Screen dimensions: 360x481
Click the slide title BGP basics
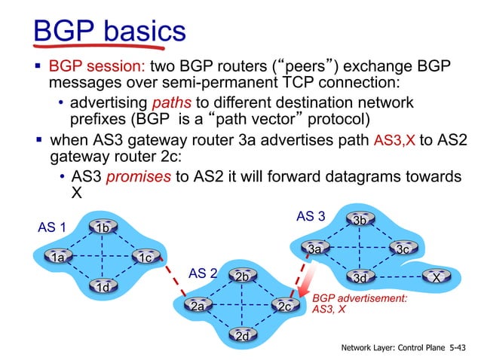[x=110, y=32]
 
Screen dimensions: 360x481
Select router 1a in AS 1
[x=57, y=257]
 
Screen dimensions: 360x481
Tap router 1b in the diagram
[x=102, y=227]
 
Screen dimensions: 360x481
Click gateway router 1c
[x=146, y=257]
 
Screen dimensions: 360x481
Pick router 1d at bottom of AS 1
[x=102, y=286]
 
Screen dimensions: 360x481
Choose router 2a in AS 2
[x=198, y=306]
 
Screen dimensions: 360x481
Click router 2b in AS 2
[x=242, y=276]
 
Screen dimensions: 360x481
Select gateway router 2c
[x=285, y=306]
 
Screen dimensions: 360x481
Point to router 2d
[x=242, y=336]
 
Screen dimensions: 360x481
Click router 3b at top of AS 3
[x=360, y=219]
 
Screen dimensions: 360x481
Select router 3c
[x=403, y=248]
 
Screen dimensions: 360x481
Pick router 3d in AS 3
[x=360, y=278]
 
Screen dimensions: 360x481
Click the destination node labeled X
[x=436, y=277]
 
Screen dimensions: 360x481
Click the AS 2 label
[x=202, y=273]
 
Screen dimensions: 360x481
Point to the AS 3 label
[x=311, y=216]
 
